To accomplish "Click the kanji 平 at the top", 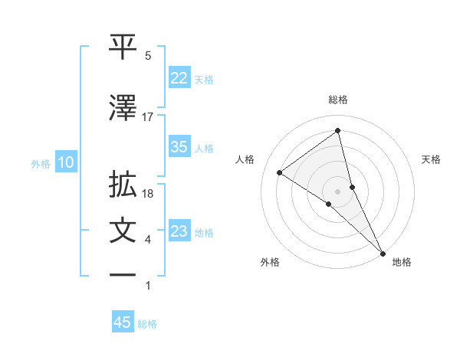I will [x=123, y=47].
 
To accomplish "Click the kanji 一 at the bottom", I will [x=123, y=275].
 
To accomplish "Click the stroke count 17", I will [x=148, y=116].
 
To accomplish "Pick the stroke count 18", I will [x=149, y=194].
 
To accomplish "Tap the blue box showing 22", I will [x=179, y=79].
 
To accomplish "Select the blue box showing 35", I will [x=179, y=148].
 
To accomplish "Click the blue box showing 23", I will [x=179, y=231].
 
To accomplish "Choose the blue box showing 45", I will [x=123, y=323].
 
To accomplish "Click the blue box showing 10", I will [x=66, y=162].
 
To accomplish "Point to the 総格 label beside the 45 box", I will [x=147, y=324].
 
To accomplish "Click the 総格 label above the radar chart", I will [x=338, y=100].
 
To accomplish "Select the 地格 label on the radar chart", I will [x=402, y=263].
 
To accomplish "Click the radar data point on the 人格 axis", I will [x=279, y=172].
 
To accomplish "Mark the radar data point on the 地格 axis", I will [x=383, y=252].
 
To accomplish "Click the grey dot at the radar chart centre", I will [x=337, y=190].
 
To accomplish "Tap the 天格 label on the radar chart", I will [x=431, y=159].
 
